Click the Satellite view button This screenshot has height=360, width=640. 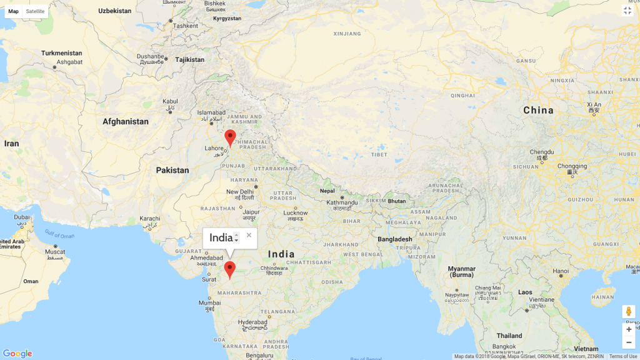[35, 11]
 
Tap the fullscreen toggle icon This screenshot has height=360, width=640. [627, 11]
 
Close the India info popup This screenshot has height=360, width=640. [249, 235]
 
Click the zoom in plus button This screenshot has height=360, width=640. [628, 329]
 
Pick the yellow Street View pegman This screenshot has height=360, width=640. [628, 311]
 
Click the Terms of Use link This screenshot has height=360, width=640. [623, 356]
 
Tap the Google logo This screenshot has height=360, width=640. [17, 354]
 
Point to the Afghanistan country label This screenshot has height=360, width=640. [126, 121]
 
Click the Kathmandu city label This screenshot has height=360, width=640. [344, 202]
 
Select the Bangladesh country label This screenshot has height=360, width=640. [394, 239]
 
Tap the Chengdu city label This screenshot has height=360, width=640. [542, 152]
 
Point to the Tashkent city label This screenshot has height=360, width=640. [185, 26]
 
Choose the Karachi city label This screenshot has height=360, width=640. [150, 219]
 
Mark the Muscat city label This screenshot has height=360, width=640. [55, 251]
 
